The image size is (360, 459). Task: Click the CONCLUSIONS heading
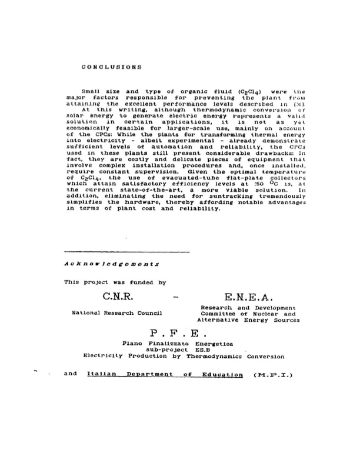click(112, 67)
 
